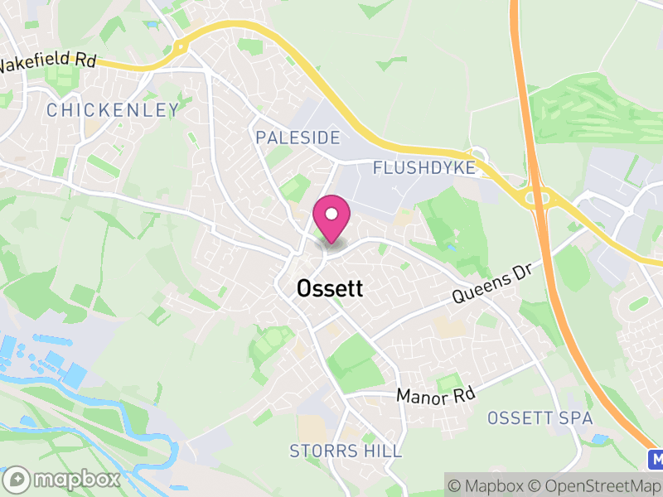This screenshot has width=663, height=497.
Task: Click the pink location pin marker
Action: click(x=331, y=217)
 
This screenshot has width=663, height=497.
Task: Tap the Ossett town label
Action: click(x=329, y=288)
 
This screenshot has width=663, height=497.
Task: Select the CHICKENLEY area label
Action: click(x=113, y=109)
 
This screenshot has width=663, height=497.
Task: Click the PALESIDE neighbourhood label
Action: click(x=298, y=137)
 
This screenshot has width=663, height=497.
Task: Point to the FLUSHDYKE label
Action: click(x=424, y=168)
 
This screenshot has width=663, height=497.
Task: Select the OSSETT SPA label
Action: click(x=540, y=418)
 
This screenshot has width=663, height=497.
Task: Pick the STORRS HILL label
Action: click(x=346, y=451)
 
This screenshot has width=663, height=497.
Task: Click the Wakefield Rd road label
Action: click(x=48, y=62)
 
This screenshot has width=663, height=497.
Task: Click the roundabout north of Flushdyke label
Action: click(x=477, y=154)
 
